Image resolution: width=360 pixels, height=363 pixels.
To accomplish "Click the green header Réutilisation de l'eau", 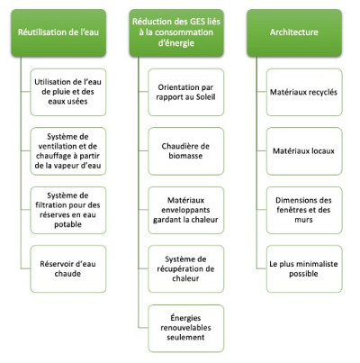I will click(59, 33).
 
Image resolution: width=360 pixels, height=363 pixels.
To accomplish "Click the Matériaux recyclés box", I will click(302, 91).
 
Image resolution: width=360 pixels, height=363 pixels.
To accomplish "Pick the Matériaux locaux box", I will click(302, 149).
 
